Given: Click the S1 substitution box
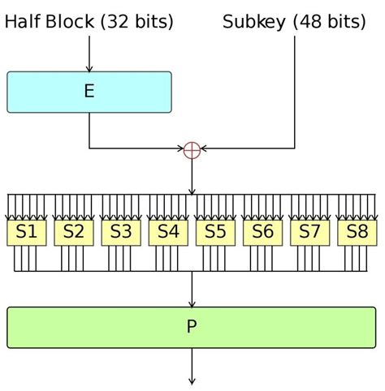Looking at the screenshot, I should [27, 232].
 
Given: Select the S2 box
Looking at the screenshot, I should [74, 232].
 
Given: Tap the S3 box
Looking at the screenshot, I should [121, 232].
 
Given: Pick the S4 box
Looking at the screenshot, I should [168, 232].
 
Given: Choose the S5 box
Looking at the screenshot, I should [215, 232].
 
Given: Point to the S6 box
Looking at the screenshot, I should [262, 232].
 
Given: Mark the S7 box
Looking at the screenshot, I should [309, 232].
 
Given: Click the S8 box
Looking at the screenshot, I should [357, 232].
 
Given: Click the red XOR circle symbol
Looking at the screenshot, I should [192, 149].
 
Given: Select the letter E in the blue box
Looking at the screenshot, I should [89, 92].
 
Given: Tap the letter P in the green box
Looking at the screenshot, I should [192, 327].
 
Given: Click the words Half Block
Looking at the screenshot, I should [50, 22].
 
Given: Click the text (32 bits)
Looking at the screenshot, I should [136, 22].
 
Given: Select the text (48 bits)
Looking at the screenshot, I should [329, 22].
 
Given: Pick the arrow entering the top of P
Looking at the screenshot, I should [192, 290].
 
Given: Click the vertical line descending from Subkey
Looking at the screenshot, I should [295, 89].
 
